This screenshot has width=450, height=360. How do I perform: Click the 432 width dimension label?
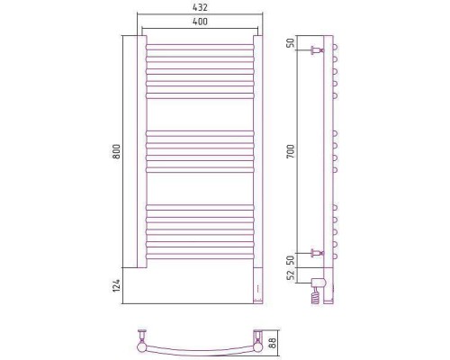point(200,7)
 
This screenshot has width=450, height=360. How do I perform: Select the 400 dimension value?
point(200,22)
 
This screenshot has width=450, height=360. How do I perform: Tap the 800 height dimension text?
point(116,151)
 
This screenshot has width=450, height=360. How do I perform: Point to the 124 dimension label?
point(116,285)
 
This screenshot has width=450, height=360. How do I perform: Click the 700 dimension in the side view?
point(290,151)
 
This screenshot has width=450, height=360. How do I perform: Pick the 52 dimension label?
point(290,275)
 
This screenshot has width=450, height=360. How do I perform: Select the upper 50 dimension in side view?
point(290,43)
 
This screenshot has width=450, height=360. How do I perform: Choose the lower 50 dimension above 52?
point(290,260)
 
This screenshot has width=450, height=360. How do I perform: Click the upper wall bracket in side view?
point(318,50)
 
